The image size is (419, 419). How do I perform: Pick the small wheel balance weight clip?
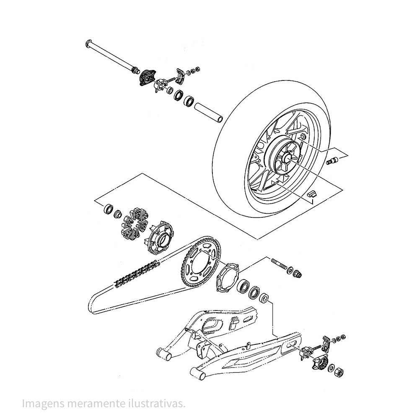click(311, 194)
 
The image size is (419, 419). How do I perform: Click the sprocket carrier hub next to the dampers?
click(159, 237)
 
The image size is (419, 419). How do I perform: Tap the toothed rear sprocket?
click(201, 262)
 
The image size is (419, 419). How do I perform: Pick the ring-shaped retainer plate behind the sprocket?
click(228, 278)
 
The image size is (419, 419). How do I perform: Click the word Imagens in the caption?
click(43, 404)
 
